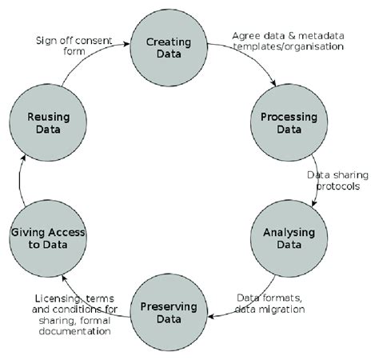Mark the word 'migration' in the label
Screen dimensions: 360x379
[x=285, y=309]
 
